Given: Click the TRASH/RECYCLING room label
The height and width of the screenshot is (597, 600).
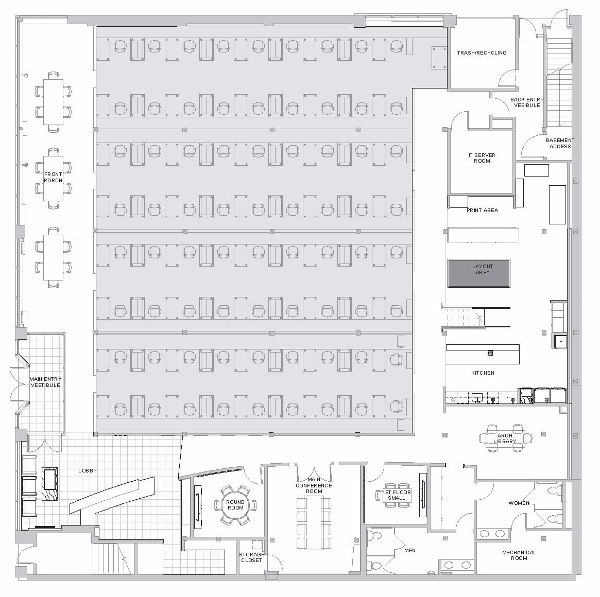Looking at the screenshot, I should tap(482, 53).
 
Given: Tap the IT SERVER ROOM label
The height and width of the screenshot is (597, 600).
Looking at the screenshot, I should tap(482, 158).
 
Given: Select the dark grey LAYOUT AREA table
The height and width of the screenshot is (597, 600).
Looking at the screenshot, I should tap(478, 273).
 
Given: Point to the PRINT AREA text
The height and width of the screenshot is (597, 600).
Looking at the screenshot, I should tap(482, 210).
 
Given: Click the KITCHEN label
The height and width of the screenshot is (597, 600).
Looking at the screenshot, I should tap(483, 373).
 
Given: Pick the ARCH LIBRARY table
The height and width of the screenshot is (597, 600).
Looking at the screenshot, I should tap(505, 438).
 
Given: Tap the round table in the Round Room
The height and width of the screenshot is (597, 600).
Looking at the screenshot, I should tap(235, 505).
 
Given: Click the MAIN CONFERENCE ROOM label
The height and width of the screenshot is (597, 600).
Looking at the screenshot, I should tap(314, 485).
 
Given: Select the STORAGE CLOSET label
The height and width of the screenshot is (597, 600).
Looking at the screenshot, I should tap(251, 557).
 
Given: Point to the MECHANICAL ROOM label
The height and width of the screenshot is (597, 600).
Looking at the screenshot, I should tap(519, 555).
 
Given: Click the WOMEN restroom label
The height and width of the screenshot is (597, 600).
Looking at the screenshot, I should tap(519, 503).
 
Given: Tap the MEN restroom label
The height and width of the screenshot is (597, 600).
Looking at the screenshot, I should tap(410, 551).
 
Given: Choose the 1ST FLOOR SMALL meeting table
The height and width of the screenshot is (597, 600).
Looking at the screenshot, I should tap(397, 495).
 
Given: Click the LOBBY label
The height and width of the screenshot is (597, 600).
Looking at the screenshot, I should tap(88, 471).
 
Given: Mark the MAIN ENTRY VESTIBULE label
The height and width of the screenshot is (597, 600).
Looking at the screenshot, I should tap(45, 382).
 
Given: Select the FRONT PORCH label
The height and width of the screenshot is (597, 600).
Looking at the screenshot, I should tap(53, 178).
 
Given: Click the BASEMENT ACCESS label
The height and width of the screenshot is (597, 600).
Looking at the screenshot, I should tap(559, 143).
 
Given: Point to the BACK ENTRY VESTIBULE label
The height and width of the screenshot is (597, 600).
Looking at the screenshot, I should tap(527, 102).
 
